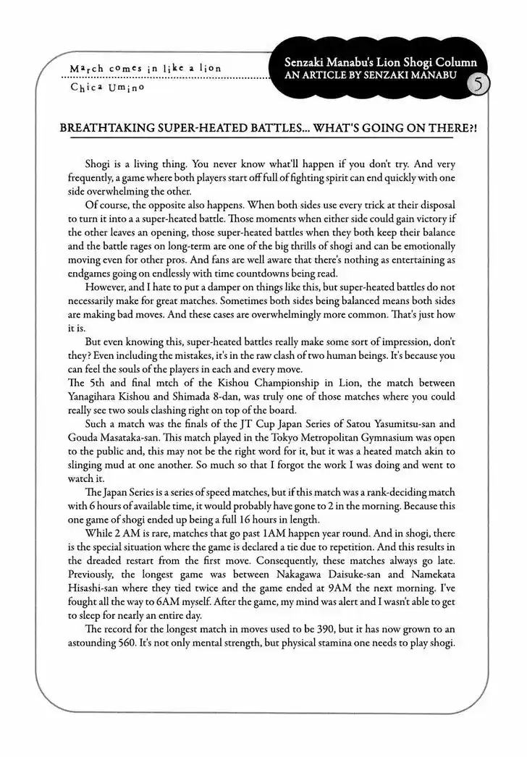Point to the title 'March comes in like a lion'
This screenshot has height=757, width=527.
[x=144, y=69]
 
